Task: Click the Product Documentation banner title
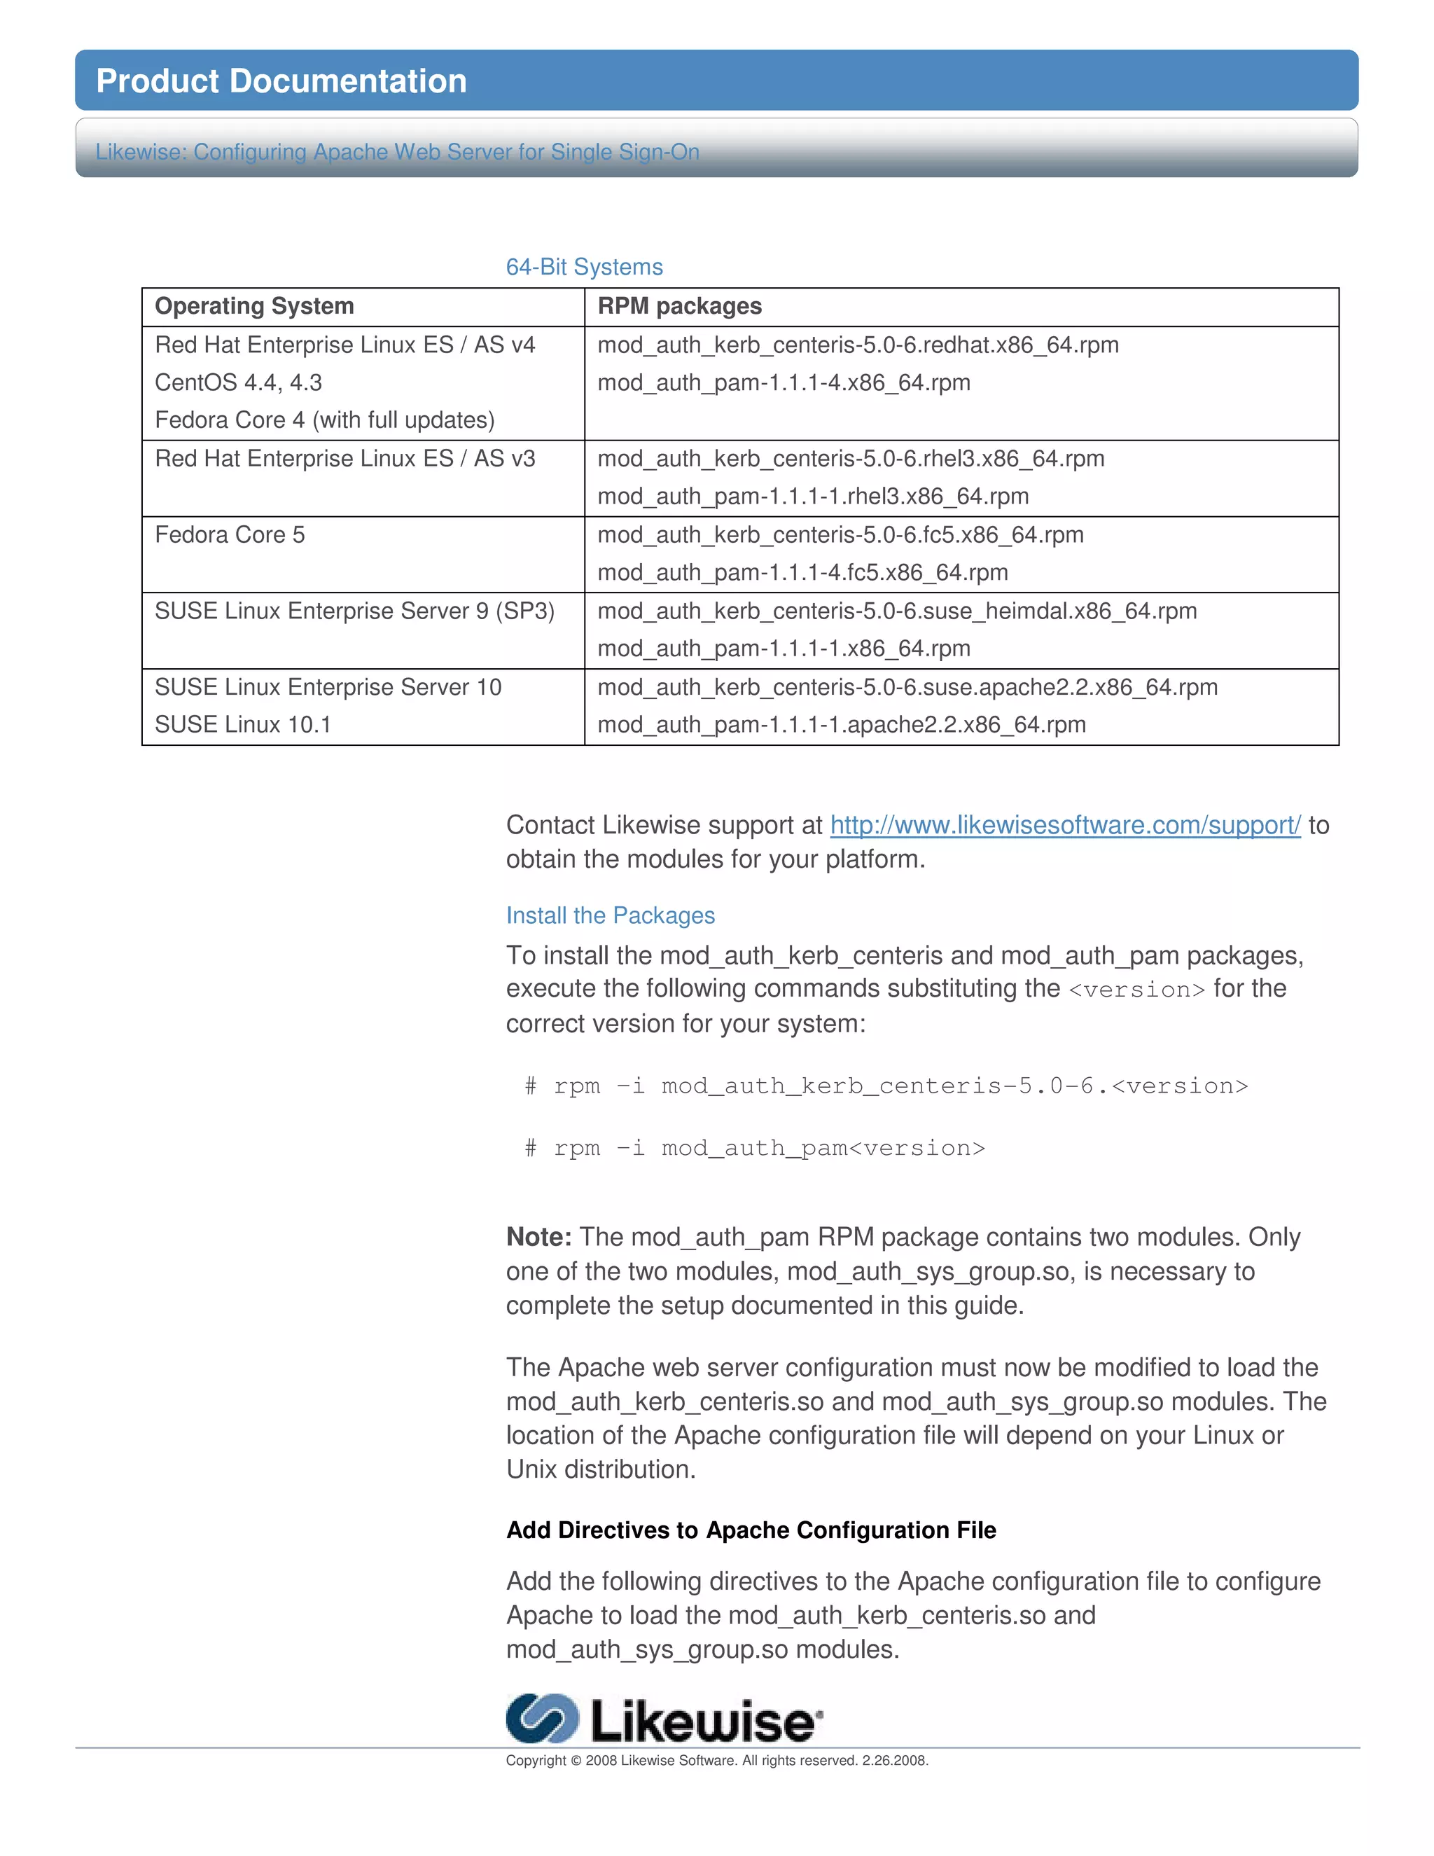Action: click(x=281, y=81)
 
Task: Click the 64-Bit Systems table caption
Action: click(x=584, y=267)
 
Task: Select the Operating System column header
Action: click(x=254, y=306)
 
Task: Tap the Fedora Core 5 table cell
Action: click(x=230, y=534)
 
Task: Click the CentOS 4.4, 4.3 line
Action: click(x=238, y=382)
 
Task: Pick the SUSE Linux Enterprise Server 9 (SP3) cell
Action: click(x=354, y=611)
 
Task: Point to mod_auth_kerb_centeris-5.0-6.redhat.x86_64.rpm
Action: click(x=857, y=345)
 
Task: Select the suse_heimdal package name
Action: click(x=896, y=611)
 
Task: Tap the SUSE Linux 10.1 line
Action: click(x=242, y=725)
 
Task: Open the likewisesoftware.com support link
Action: click(x=1064, y=825)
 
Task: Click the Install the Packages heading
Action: click(x=610, y=915)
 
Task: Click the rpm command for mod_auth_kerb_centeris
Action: click(x=886, y=1086)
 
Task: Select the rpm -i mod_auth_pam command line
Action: click(x=754, y=1148)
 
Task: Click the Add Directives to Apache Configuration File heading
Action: click(x=751, y=1530)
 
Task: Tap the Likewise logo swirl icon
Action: click(x=541, y=1718)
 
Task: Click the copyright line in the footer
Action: click(x=716, y=1760)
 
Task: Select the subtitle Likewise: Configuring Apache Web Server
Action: click(x=397, y=152)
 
